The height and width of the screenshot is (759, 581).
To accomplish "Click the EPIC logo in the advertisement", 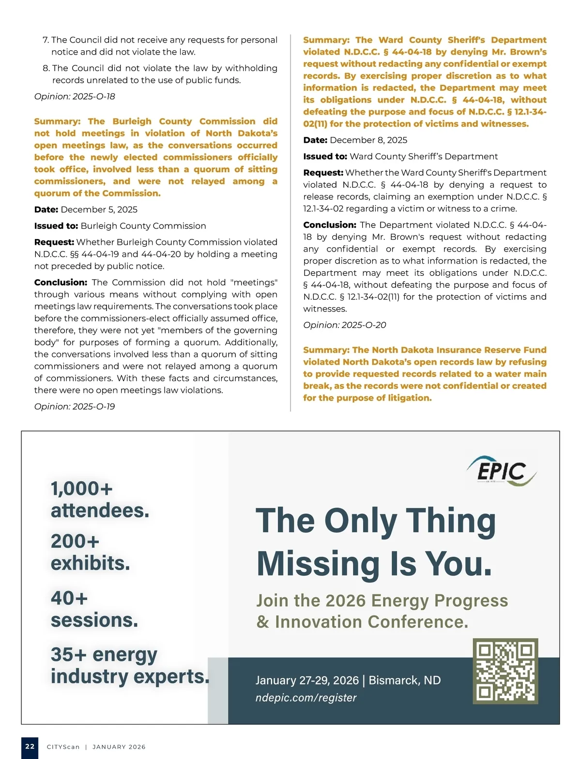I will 501,470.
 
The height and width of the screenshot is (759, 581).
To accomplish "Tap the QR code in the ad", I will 505,671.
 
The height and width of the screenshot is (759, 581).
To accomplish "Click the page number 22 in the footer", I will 30,746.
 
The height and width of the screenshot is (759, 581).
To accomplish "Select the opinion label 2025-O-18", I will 75,96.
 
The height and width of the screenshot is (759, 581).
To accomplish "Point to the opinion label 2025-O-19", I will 75,406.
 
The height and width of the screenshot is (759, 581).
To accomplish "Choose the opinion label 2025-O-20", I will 345,325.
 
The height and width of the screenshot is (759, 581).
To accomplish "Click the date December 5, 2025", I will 99,209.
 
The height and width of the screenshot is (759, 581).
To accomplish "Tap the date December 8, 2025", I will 368,140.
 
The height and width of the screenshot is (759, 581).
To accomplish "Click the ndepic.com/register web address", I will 306,698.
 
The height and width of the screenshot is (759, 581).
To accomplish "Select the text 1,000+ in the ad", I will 82,489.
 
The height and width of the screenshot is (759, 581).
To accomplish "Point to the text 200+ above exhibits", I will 75,541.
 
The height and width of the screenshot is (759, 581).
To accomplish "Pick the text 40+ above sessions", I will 69,598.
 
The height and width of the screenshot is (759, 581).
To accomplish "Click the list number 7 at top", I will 46,40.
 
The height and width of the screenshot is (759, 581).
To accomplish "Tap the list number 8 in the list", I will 46,68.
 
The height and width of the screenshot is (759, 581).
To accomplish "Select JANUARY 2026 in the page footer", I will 119,747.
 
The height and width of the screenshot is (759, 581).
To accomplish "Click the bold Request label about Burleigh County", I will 54,242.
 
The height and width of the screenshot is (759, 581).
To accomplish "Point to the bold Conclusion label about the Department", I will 330,225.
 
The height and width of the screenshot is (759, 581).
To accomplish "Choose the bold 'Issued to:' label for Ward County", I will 325,156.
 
